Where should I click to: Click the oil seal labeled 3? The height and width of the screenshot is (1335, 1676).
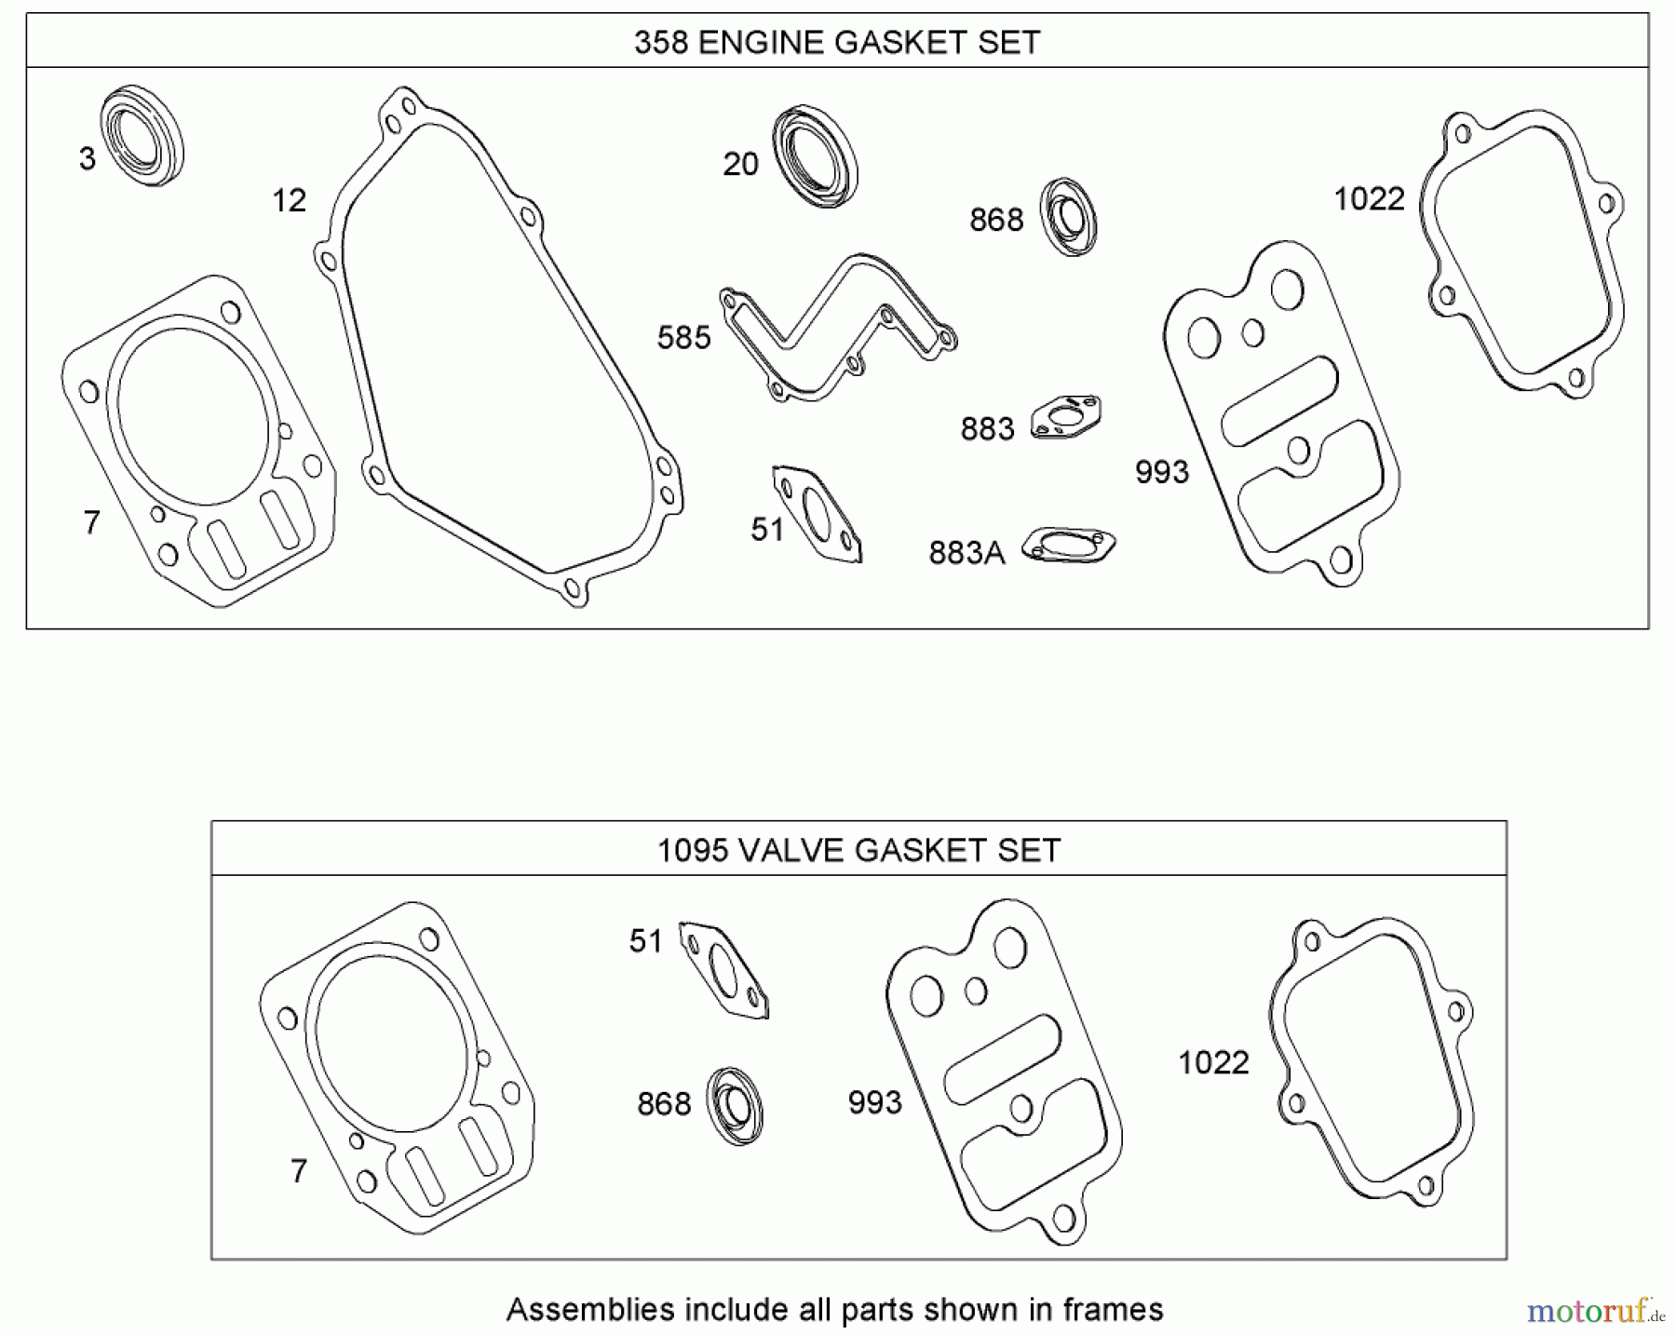tap(142, 136)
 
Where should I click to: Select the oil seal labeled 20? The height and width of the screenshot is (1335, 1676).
tap(816, 156)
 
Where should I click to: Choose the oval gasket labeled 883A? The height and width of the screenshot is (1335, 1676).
tap(1068, 546)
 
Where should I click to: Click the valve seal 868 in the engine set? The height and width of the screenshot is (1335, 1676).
tap(1068, 216)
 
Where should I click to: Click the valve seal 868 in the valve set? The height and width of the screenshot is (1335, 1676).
tap(735, 1106)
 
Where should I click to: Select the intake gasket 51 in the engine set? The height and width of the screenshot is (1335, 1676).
tap(817, 515)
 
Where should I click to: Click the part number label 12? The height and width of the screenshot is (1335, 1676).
tap(289, 200)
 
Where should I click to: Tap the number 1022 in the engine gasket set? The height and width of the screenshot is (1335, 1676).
tap(1369, 199)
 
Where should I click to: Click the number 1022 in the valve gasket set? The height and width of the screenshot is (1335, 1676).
tap(1212, 1062)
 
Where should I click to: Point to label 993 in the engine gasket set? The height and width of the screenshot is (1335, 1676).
tap(1161, 472)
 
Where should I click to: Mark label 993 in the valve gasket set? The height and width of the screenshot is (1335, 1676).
tap(874, 1103)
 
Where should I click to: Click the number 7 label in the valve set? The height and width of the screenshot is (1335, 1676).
tap(298, 1170)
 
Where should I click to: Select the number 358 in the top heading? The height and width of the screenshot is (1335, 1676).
tap(660, 43)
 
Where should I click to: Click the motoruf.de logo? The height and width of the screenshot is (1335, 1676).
tap(1595, 1312)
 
